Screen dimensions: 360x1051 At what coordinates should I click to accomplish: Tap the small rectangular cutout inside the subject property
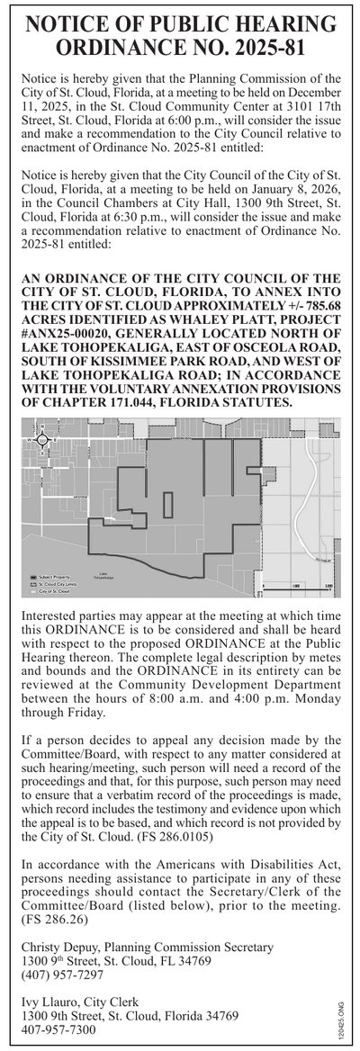[x=166, y=505]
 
